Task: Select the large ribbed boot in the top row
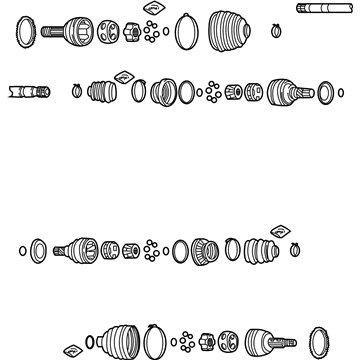231,29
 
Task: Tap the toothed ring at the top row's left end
25,33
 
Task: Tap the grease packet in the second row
124,75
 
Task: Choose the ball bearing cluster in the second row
212,94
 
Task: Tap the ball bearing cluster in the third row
150,249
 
